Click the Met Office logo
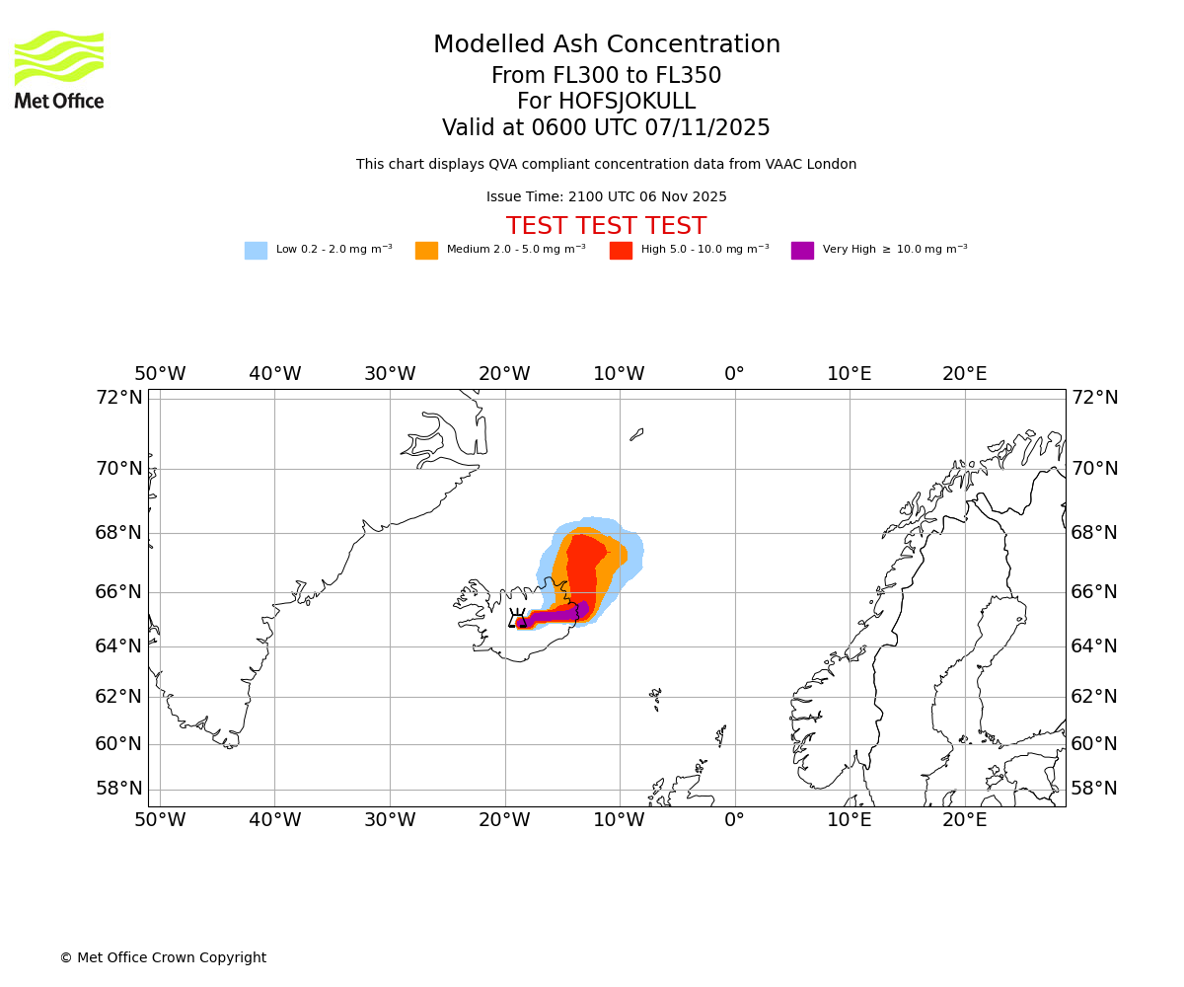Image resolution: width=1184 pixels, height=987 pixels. point(59,69)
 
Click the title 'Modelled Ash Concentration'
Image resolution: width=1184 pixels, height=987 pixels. point(607,45)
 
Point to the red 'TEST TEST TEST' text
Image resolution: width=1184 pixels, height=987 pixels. point(606,227)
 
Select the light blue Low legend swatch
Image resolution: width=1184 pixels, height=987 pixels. point(256,251)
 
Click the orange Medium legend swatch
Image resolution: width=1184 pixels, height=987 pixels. point(426,251)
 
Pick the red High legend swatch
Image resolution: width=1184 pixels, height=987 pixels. point(621,251)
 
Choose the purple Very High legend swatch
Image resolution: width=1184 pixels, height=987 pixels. point(802,251)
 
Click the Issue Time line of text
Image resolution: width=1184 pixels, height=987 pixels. point(606,197)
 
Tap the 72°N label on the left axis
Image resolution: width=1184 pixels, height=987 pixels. point(118,398)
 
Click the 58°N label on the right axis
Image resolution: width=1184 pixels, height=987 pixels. point(1094,789)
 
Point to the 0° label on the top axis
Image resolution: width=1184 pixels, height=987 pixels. point(734,374)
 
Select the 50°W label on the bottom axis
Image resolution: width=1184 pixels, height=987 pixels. point(160,820)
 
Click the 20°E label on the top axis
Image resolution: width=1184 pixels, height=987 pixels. point(964,374)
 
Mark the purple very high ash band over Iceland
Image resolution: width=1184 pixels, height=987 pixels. point(553,616)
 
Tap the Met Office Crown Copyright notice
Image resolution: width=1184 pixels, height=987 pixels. point(163,958)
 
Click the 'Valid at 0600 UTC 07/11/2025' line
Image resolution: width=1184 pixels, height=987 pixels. point(606,128)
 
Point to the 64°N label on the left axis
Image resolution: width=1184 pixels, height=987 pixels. point(118,646)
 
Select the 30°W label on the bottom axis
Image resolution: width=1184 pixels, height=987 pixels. point(390,820)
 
